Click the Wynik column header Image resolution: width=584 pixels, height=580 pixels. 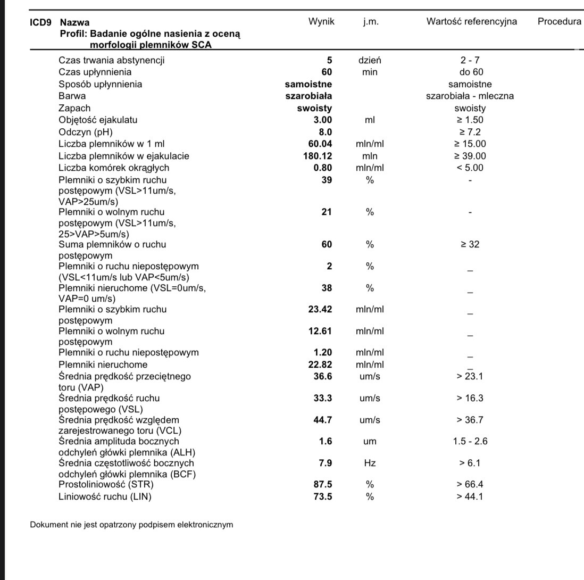click(321, 22)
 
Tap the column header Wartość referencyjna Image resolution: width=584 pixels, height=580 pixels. click(471, 22)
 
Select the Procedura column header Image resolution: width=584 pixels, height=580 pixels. click(559, 22)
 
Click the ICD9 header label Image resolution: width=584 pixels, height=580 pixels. click(42, 22)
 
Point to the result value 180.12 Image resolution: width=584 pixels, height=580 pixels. click(318, 156)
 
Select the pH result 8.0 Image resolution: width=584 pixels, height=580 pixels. click(324, 132)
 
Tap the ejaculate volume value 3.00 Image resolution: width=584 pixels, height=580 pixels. click(322, 120)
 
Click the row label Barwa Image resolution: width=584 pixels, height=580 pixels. click(72, 96)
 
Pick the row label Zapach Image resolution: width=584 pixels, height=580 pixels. click(74, 108)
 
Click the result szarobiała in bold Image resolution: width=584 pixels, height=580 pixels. click(308, 96)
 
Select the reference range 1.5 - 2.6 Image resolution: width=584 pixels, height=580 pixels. click(470, 441)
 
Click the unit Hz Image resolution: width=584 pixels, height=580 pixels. click(370, 463)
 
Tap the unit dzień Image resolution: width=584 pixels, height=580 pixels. click(370, 60)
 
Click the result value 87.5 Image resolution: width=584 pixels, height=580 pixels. click(323, 484)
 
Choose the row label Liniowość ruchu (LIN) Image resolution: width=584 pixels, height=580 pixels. click(105, 496)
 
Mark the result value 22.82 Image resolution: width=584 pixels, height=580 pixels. click(320, 364)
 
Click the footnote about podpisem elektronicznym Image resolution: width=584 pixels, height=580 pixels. click(131, 524)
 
